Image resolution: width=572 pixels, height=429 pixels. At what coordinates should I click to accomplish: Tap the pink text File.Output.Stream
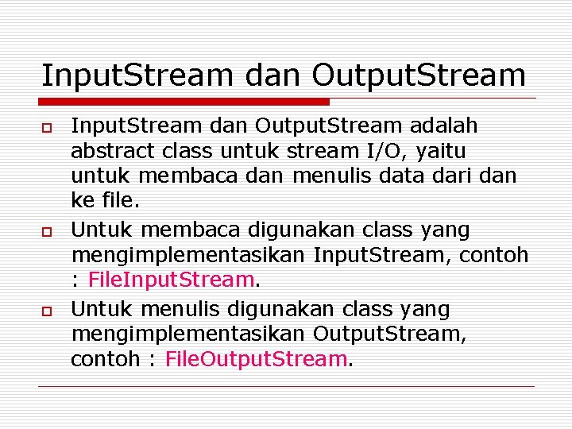point(256,359)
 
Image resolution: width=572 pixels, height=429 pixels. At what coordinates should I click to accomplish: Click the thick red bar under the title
point(184,102)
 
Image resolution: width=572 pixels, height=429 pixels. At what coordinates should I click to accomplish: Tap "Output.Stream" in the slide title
point(419,75)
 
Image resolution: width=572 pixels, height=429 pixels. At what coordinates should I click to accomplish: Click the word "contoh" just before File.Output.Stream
point(102,359)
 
